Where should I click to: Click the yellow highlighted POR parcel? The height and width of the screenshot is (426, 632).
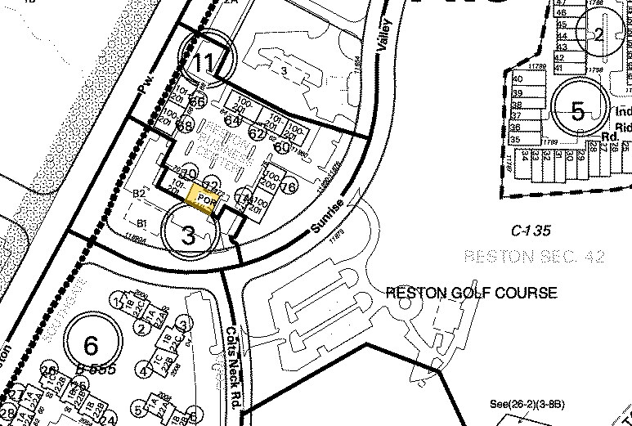click(x=202, y=199)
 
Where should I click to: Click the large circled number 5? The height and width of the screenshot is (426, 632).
click(x=578, y=112)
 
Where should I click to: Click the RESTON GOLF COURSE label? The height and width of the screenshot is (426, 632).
click(x=471, y=293)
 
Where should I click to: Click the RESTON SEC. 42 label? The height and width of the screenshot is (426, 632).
click(x=533, y=257)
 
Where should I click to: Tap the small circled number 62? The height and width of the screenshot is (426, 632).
click(x=258, y=133)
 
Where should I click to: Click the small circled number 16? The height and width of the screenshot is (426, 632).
click(x=288, y=187)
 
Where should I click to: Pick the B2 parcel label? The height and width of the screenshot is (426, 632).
click(x=139, y=193)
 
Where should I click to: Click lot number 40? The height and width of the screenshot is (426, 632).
click(x=518, y=79)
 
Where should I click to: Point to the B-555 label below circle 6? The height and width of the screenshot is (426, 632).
click(x=99, y=370)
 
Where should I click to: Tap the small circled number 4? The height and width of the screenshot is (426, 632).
click(x=143, y=371)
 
